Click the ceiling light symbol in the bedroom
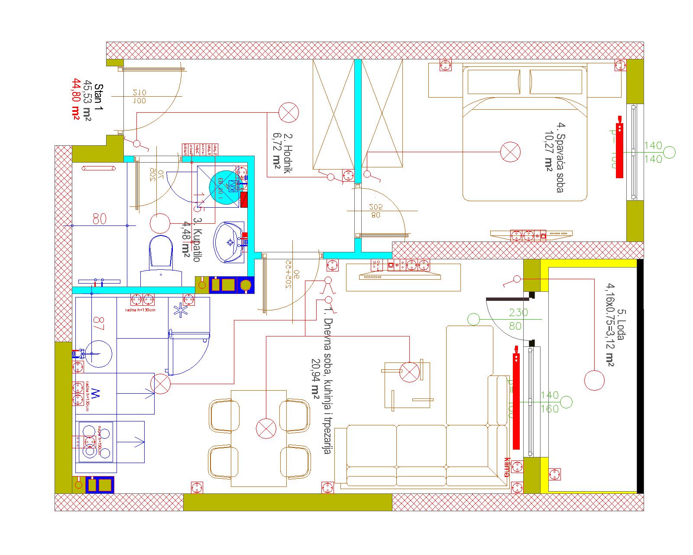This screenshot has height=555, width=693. click(x=510, y=152)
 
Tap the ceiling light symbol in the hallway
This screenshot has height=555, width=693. click(x=288, y=113)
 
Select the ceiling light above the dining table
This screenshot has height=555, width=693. click(x=266, y=428)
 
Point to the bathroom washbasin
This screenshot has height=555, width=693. click(x=229, y=242)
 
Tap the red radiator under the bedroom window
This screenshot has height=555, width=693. click(x=619, y=147)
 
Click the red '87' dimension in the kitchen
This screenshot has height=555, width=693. click(x=99, y=324)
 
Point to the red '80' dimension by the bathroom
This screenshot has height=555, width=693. click(x=99, y=219)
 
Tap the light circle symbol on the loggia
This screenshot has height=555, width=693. click(x=594, y=380)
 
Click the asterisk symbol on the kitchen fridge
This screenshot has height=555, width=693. click(x=179, y=310)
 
